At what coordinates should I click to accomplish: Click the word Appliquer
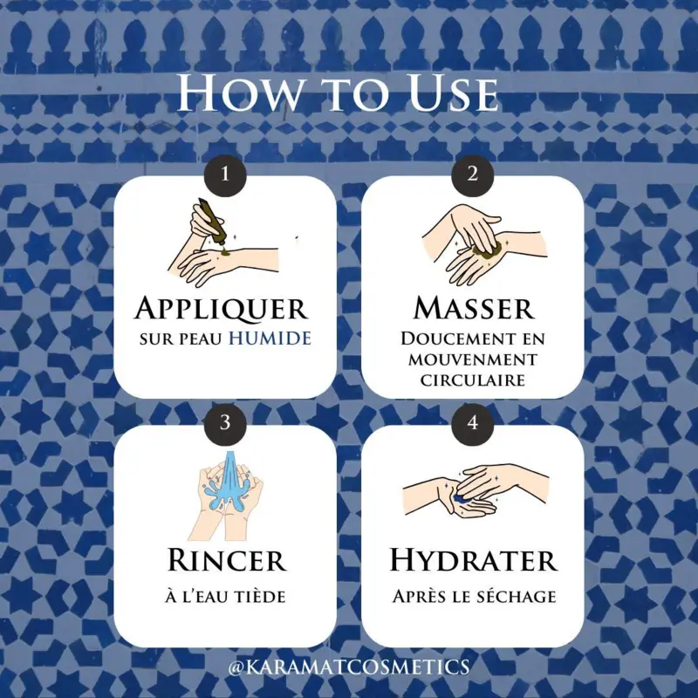point(222,308)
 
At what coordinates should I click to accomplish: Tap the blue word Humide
point(270,339)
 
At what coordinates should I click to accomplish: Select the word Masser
point(474,308)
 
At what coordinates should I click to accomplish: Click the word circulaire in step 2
point(473,380)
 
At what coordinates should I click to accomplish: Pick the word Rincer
point(227,559)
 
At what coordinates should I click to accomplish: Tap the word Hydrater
point(473,559)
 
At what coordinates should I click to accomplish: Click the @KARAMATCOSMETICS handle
point(348,667)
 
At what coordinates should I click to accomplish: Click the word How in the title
point(239,95)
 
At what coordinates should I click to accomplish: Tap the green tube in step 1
point(210,222)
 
